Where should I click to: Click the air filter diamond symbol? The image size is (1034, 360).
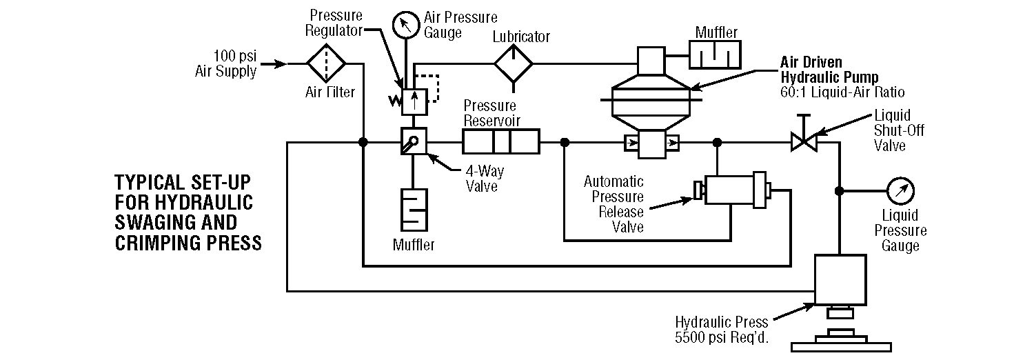click(325, 64)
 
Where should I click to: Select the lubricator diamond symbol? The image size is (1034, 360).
click(513, 64)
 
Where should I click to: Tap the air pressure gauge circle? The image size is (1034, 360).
click(407, 26)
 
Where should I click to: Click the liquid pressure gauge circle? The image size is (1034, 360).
click(901, 191)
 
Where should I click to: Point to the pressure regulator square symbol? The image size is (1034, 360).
click(414, 102)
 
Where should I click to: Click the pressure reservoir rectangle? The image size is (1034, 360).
click(500, 143)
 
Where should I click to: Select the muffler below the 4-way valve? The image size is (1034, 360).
click(414, 210)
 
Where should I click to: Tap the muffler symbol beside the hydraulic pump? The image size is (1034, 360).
click(716, 55)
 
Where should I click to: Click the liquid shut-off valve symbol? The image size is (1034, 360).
click(803, 143)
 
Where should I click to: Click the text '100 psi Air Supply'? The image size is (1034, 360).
click(226, 63)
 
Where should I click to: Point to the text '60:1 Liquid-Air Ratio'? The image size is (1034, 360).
click(842, 92)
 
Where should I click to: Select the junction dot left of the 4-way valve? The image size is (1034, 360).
click(363, 143)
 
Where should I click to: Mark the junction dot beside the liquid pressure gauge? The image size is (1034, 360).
click(840, 191)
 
